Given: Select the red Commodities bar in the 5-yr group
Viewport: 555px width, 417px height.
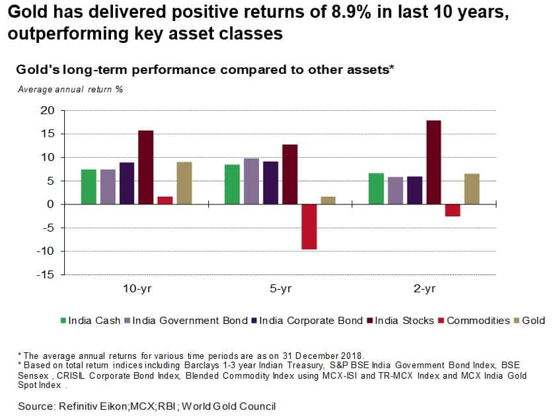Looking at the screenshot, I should coord(309,227).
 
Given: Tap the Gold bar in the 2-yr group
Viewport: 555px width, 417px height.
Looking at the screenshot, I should coord(472,189).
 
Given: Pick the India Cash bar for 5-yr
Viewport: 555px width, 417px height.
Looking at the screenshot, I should coord(232,185).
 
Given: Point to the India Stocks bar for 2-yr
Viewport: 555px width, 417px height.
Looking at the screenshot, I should coord(433,162).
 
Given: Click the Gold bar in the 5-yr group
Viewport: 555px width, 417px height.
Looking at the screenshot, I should coord(328,201).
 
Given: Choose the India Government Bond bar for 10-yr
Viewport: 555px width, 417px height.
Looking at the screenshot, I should coord(108,187).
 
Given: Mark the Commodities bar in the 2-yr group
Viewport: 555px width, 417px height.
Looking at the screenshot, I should coord(453,210).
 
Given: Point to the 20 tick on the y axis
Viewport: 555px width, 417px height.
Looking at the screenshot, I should coord(46,111).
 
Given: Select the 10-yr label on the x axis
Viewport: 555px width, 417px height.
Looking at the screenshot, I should coord(137,289).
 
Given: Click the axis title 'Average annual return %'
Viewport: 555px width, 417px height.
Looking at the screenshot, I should coord(70,89).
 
